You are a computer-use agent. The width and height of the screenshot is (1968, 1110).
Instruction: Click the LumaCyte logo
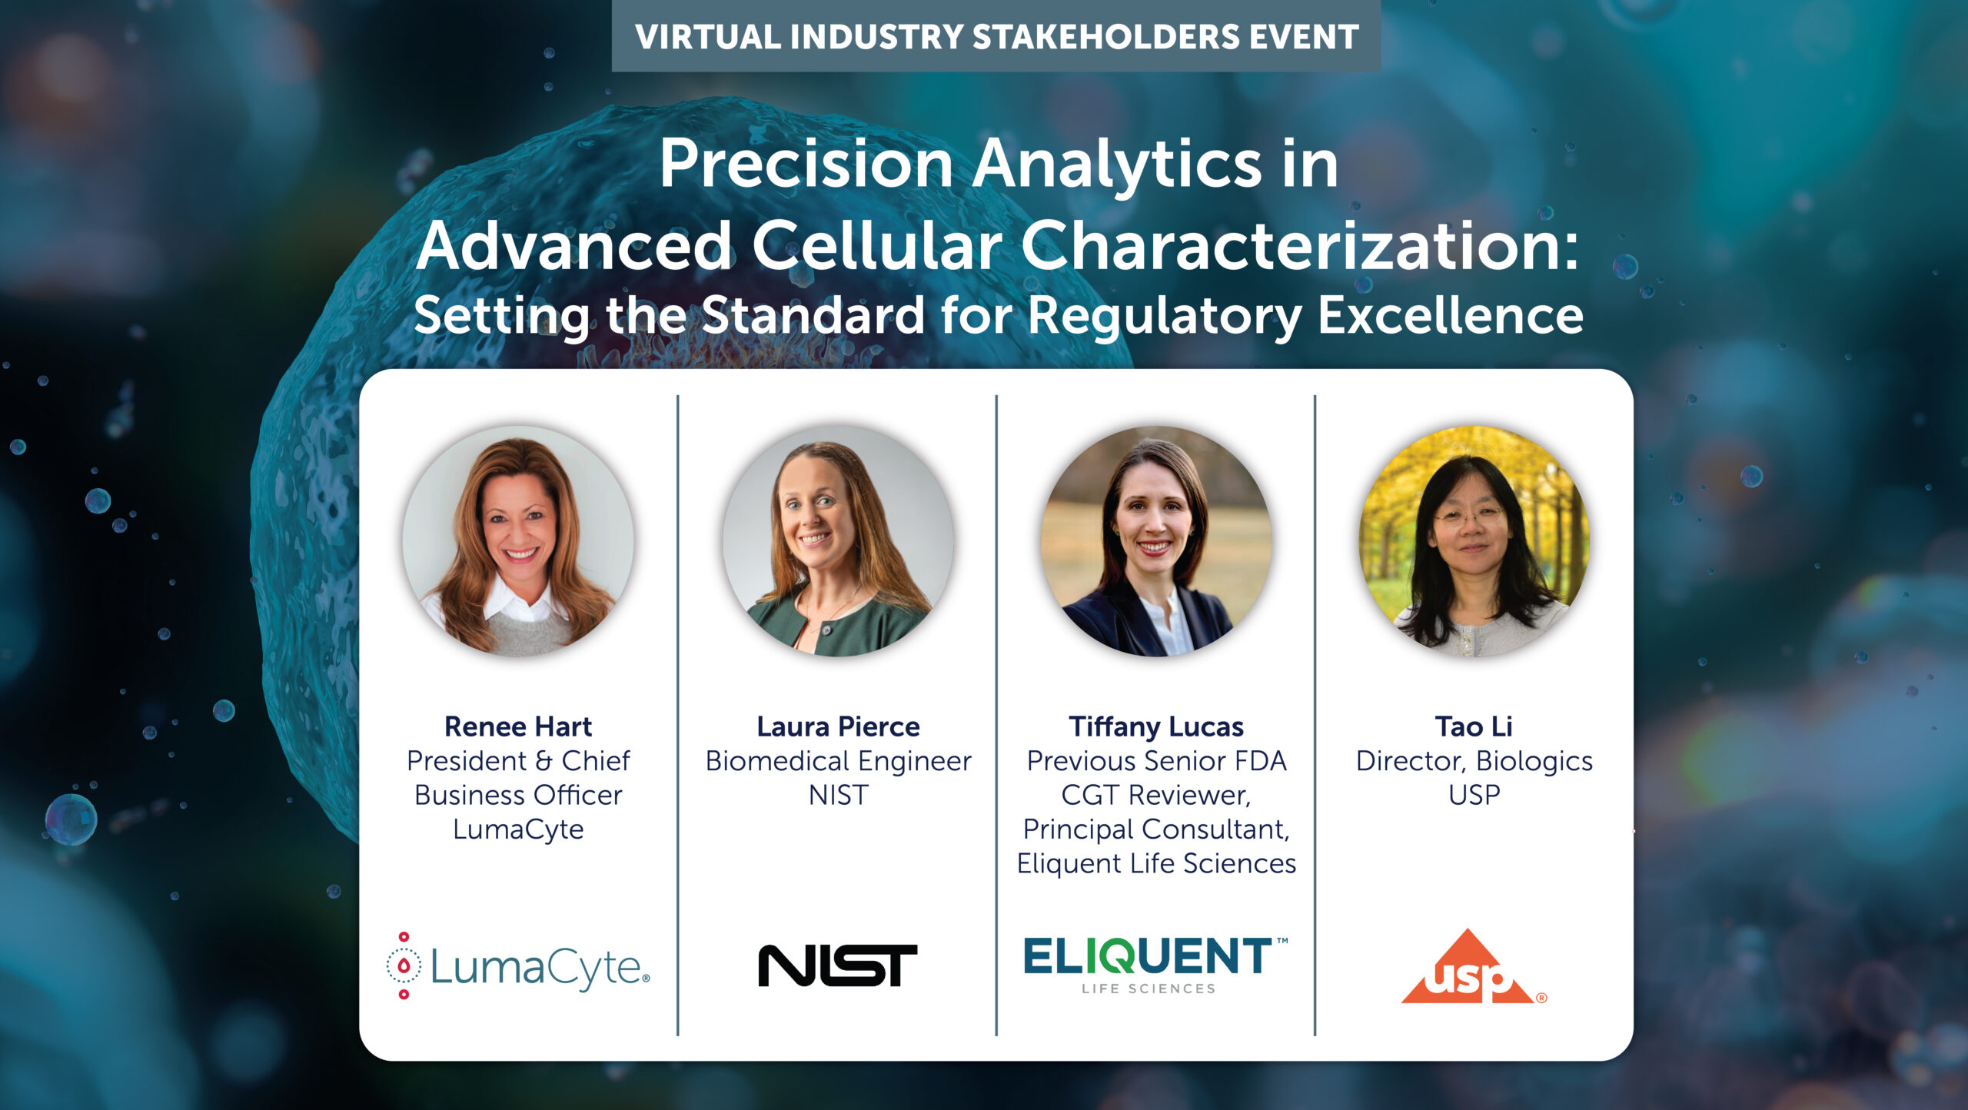(x=518, y=965)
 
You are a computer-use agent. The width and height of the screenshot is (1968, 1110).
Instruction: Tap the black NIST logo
(x=837, y=965)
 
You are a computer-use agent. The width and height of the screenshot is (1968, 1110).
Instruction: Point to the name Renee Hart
(x=518, y=726)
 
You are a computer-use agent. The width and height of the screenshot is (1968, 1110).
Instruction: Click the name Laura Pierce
(x=838, y=726)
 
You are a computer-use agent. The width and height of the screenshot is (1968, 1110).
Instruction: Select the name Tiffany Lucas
(x=1156, y=726)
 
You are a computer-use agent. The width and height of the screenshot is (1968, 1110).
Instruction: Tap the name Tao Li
(x=1474, y=726)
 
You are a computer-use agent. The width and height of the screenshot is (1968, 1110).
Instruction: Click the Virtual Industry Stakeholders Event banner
(x=996, y=36)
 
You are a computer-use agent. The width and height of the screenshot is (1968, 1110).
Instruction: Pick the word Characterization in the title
(x=1299, y=245)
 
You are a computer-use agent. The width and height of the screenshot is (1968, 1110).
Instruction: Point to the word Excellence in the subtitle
(x=1451, y=315)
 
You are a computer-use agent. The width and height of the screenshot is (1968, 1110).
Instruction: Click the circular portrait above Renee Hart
(x=518, y=541)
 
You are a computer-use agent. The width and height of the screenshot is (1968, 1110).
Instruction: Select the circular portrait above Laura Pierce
(x=838, y=541)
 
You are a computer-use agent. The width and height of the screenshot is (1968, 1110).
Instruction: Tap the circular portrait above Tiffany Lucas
(x=1156, y=541)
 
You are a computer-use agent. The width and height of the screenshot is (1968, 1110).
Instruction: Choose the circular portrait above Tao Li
(x=1474, y=541)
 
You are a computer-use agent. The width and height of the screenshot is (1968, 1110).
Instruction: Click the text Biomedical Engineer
(x=838, y=761)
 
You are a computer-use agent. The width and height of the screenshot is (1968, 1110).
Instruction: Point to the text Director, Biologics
(x=1474, y=761)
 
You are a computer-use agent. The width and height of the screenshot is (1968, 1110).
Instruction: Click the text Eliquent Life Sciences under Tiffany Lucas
(x=1156, y=863)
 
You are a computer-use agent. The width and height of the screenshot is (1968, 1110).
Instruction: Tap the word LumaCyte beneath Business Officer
(x=518, y=829)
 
